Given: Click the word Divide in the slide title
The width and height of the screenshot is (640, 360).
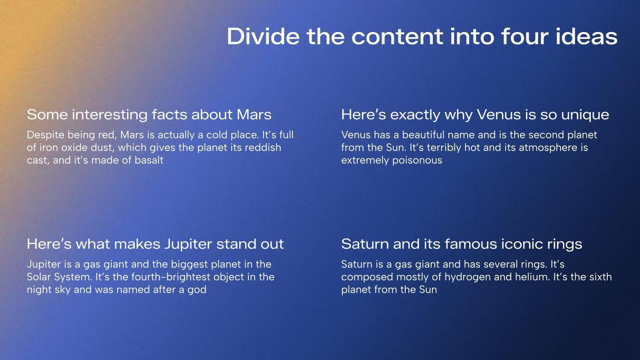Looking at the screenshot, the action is (263, 36).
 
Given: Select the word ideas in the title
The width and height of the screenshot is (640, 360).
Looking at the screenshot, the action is (586, 36).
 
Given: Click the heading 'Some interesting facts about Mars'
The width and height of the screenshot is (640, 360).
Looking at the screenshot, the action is (149, 114).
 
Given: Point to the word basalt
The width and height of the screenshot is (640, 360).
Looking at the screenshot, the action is (149, 160).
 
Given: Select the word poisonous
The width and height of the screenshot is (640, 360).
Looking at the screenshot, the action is (417, 160).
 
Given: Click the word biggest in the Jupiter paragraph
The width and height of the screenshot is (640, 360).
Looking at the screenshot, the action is (189, 264).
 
